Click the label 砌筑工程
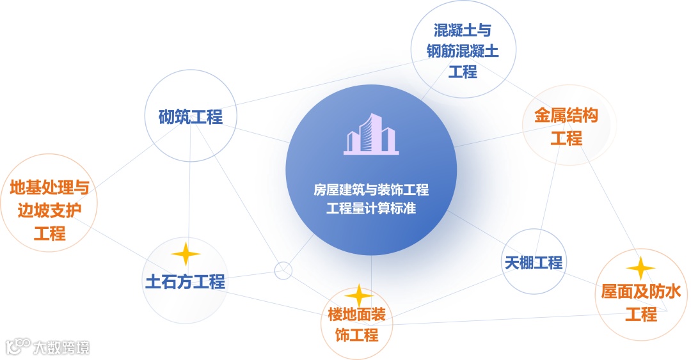click(191, 117)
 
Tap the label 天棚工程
click(533, 262)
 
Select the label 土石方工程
click(186, 281)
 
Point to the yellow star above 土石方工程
click(186, 254)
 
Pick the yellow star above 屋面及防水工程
click(640, 269)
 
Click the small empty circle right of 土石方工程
click(283, 270)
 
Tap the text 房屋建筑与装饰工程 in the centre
click(371, 190)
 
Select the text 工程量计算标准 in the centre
click(371, 208)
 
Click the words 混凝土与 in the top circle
click(462, 30)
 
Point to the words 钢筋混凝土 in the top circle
click(462, 51)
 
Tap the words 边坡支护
click(49, 210)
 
